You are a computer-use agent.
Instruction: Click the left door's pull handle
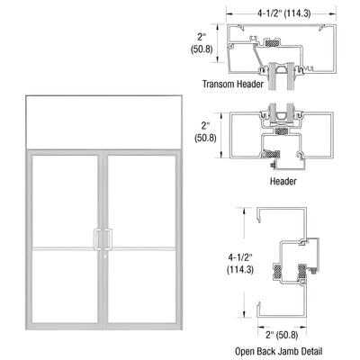(98, 238)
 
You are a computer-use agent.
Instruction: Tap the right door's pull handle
(108, 238)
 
